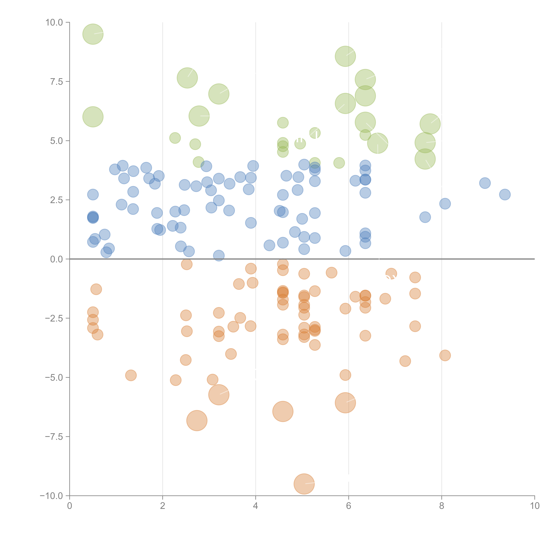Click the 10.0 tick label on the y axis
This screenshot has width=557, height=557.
coord(54,23)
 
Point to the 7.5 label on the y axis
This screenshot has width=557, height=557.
coord(56,82)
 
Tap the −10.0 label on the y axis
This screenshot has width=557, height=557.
coord(51,496)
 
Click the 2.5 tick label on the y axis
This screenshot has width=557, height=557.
coord(56,200)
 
